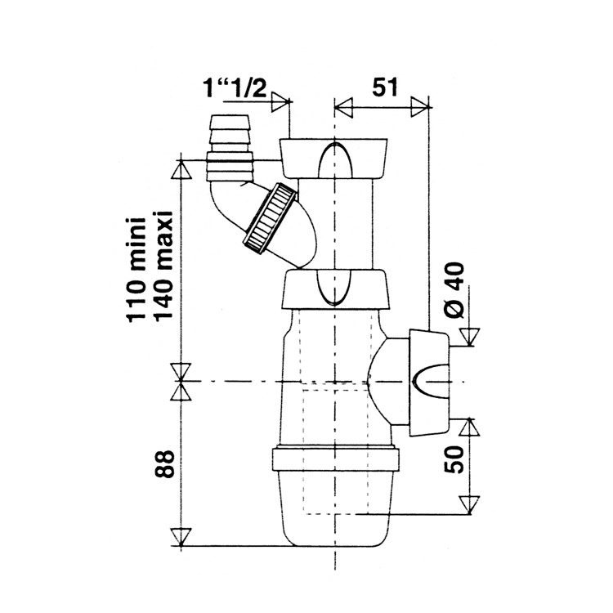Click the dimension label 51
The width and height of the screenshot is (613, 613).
click(384, 87)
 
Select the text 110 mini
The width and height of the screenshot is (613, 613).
click(136, 270)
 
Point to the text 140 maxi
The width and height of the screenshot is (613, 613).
click(162, 266)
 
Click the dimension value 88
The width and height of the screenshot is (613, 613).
click(163, 463)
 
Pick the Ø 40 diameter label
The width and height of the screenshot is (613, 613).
click(454, 289)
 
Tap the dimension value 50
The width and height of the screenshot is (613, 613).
click(454, 459)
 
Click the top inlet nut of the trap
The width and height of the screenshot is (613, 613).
click(333, 158)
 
